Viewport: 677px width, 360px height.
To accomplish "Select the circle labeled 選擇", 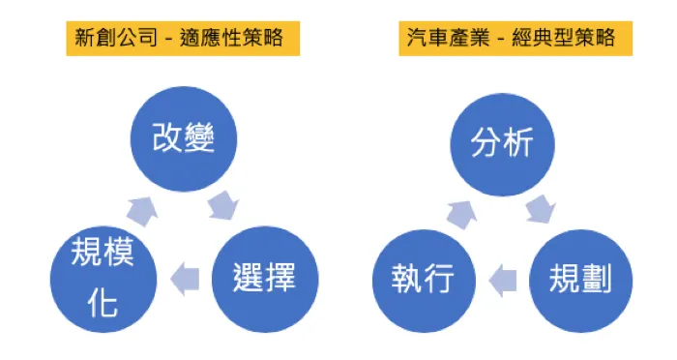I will coord(262,279).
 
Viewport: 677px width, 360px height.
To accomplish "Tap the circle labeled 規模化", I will coord(103,279).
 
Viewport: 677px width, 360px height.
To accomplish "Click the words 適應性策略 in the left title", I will coord(238,39).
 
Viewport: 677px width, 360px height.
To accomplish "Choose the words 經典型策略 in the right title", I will coord(571,39).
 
